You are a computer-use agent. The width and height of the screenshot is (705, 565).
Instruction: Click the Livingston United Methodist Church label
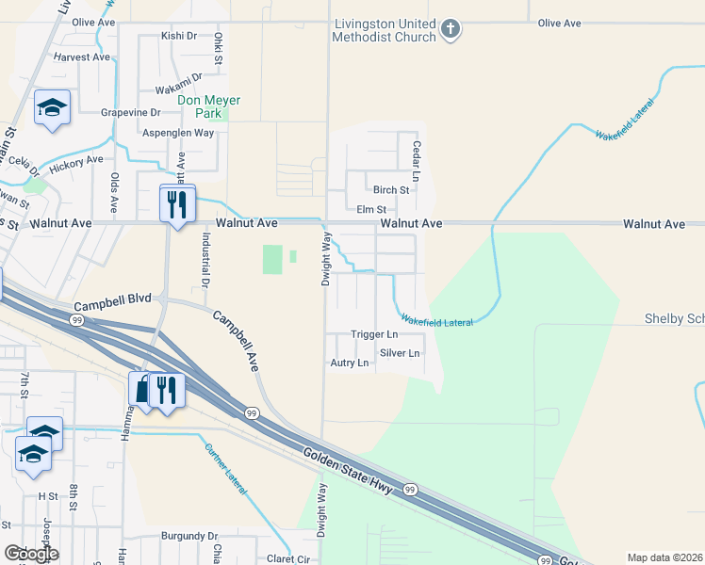coord(384,30)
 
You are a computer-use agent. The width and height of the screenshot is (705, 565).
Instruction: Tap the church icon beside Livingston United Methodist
coord(451,29)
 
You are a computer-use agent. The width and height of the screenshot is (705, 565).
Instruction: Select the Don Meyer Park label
coord(210,106)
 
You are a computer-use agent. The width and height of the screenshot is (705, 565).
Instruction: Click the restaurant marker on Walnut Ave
coord(177,204)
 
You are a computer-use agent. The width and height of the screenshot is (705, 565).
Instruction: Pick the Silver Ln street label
coord(400,353)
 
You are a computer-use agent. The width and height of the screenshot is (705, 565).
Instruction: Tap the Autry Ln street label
coord(349,363)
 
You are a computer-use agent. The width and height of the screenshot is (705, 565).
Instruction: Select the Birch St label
coord(391,189)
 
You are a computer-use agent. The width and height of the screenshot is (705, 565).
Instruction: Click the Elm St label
coord(371,209)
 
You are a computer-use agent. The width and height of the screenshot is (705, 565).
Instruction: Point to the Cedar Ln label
coord(415,161)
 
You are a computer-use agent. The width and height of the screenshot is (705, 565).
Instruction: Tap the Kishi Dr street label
coord(178,36)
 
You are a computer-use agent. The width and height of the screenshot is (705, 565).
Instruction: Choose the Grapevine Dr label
coord(131,112)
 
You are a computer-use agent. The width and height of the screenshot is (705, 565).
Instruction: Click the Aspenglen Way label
coord(178,133)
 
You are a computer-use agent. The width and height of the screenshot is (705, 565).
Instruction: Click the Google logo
coord(31,554)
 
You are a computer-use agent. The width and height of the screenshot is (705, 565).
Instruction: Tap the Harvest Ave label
coord(82,56)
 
